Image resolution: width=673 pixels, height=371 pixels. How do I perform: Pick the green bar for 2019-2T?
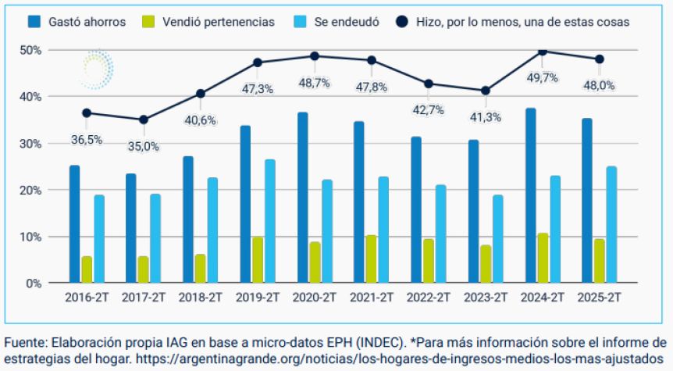pos(258,259)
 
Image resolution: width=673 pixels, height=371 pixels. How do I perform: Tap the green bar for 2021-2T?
pos(372,259)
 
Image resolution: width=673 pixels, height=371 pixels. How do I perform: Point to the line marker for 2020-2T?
pos(315,56)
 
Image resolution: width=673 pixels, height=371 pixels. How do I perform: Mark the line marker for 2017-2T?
pos(143,120)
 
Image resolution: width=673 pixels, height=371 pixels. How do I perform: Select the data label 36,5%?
pos(87,139)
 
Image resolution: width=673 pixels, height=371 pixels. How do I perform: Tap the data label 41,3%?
pos(485,117)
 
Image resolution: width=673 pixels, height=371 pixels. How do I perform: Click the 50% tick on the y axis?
pos(32,50)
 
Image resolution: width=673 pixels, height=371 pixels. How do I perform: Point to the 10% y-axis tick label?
pos(32,237)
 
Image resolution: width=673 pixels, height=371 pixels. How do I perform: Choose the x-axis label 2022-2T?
pos(429,298)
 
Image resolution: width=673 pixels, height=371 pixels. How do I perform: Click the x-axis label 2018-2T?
pos(201,298)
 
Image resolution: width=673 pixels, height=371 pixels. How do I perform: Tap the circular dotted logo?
pos(96,68)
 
